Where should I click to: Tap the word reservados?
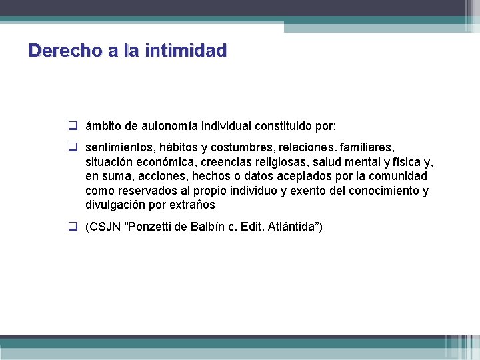pos(143,191)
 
